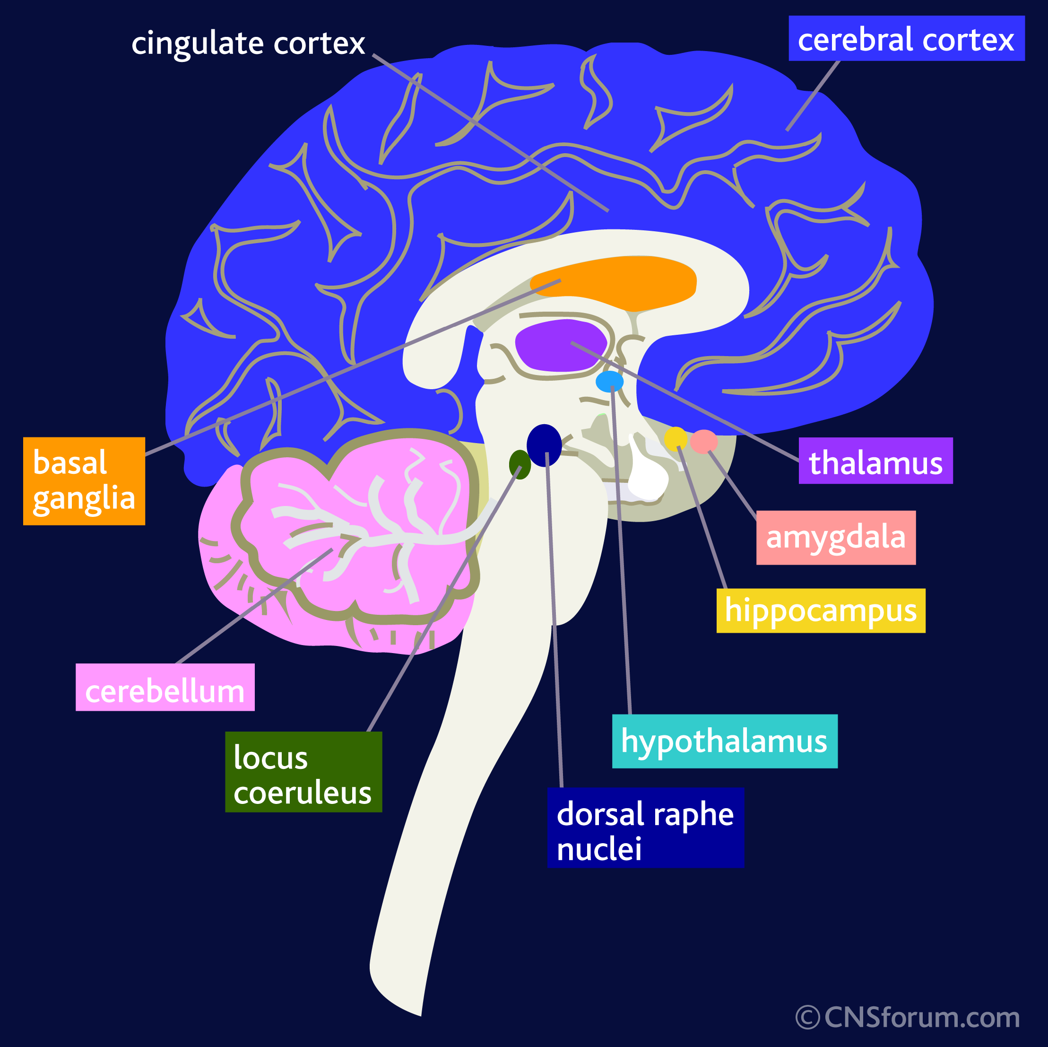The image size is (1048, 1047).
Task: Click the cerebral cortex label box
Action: pos(906,38)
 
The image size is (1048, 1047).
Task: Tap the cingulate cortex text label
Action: pos(248,44)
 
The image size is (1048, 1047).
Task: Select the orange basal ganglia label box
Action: pos(84,481)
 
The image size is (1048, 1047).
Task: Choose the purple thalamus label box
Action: pos(875,461)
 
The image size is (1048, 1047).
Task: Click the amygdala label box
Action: pos(836,537)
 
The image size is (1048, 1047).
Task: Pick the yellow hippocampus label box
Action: pos(820,611)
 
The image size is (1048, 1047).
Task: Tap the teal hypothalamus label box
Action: pos(724,742)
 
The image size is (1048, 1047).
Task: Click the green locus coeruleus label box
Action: pos(303,772)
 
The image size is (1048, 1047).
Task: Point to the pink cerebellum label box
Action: pos(165,687)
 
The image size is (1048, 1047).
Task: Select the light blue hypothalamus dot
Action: pos(609,382)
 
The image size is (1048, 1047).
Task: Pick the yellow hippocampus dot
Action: pos(676,438)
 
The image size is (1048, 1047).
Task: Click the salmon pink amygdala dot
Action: pos(704,441)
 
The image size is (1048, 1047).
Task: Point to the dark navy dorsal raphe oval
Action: pos(544,445)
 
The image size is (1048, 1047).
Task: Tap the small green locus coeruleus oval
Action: pos(520,464)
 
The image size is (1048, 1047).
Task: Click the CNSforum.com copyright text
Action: pos(908,1018)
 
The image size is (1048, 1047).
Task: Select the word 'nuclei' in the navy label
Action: pos(599,849)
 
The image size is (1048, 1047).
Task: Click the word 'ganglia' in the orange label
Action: pos(84,499)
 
